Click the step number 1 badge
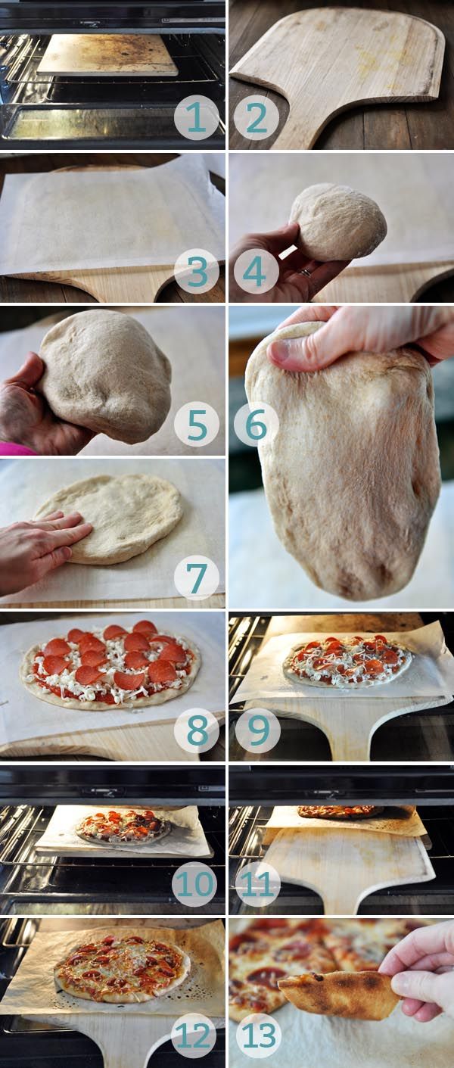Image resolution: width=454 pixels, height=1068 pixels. tap(196, 117)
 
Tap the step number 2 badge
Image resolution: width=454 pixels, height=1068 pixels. tap(257, 117)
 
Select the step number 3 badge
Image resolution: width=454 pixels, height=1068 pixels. tap(196, 271)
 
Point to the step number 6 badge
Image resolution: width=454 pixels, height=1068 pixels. tap(257, 424)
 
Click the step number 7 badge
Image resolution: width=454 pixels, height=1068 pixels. tap(196, 577)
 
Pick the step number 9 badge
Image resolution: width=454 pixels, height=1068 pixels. tap(257, 730)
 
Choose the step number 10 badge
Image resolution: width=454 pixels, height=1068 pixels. tap(195, 883)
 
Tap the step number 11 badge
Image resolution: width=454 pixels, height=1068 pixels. tap(257, 883)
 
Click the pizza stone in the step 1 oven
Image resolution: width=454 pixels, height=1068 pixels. tap(107, 54)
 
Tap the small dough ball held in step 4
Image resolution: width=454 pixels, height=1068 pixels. tap(337, 222)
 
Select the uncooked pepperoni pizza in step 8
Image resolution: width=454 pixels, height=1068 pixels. tap(110, 664)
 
